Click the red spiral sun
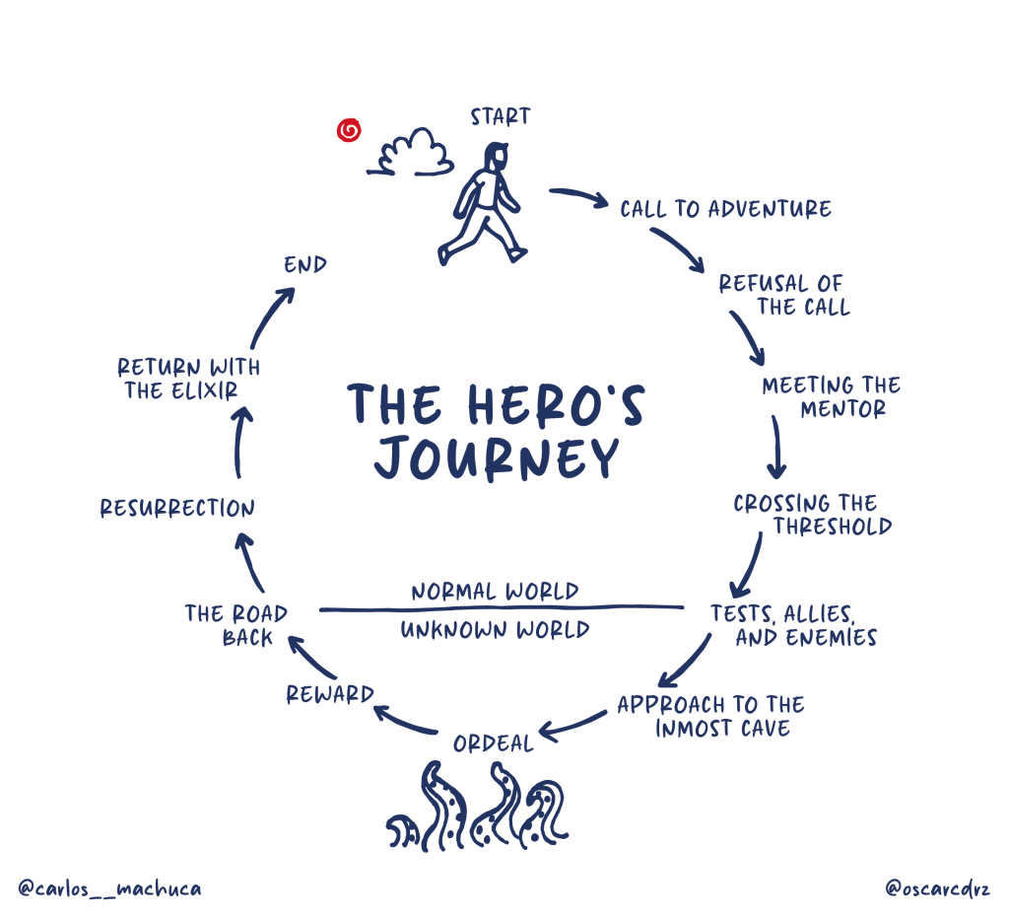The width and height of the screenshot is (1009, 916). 349,130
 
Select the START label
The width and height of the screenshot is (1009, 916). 500,116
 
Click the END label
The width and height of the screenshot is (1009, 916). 305,265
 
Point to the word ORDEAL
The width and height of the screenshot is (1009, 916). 493,742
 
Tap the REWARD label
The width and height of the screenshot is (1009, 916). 330,694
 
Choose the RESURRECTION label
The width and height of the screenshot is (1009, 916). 177,509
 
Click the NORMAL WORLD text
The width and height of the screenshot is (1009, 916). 495,592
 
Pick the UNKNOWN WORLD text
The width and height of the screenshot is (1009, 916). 495,630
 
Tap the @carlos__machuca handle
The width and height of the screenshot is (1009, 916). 109,888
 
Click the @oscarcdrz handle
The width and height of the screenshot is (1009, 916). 937,887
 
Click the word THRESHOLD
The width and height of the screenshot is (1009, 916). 832,527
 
